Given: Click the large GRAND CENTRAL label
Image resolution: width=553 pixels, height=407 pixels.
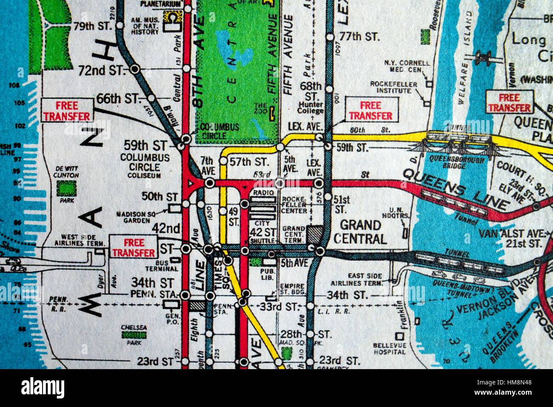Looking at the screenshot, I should (x=360, y=232).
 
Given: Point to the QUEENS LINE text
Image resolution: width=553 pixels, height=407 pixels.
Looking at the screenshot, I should (x=455, y=189).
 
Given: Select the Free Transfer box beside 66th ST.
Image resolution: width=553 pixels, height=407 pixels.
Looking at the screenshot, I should (x=67, y=111).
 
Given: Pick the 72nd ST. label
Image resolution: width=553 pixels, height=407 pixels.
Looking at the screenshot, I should (x=100, y=70).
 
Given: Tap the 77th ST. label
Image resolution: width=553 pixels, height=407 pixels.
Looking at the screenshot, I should (x=359, y=37).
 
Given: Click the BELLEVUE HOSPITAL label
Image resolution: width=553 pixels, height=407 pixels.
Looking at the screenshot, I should (x=390, y=349).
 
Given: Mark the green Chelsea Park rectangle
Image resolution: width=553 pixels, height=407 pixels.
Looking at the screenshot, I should (x=134, y=335).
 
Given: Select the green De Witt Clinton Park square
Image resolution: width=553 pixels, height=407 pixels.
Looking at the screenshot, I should (x=66, y=188).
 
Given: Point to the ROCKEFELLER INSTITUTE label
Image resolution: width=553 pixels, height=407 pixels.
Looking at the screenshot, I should (x=393, y=88).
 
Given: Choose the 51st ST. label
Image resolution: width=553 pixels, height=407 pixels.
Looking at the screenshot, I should (x=342, y=204).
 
